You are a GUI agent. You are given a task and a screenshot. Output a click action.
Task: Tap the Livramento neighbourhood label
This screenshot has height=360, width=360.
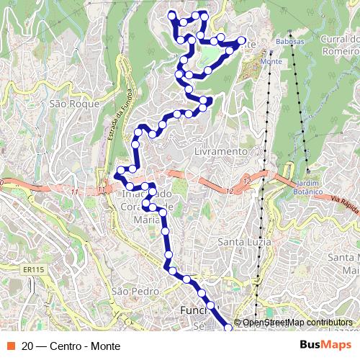coord(221,153)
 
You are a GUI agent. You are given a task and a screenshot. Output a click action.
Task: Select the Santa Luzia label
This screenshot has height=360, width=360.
coord(245,241)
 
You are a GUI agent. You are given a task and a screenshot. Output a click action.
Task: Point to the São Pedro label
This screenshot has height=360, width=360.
coord(134,292)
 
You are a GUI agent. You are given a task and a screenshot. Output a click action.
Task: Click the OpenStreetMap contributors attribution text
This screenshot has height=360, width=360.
coord(297,323)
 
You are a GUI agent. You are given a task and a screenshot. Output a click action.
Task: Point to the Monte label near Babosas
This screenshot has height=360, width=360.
coord(270,62)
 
